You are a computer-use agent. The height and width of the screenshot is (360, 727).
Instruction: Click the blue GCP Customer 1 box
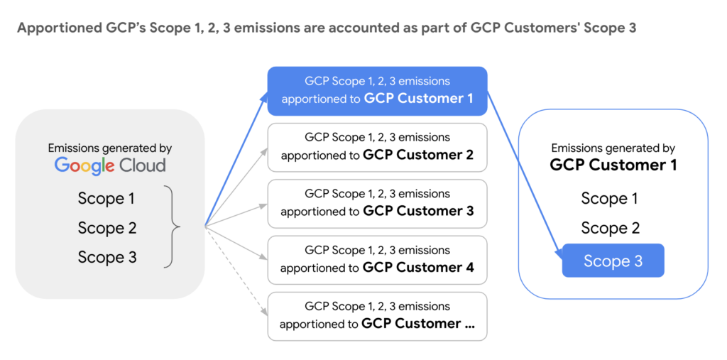tap(377, 90)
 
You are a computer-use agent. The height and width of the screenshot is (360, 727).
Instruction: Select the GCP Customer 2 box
tap(377, 147)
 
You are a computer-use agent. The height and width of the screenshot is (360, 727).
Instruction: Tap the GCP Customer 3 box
tap(377, 203)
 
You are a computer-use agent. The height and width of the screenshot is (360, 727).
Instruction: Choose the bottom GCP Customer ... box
tap(377, 316)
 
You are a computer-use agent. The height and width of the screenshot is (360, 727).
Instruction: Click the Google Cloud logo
tap(110, 166)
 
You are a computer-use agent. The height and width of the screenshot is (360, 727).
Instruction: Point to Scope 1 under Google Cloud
tap(106, 199)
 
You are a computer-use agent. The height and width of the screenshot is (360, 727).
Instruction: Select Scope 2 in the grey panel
tap(106, 228)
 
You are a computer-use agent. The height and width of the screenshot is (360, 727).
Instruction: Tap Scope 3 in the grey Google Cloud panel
tap(106, 257)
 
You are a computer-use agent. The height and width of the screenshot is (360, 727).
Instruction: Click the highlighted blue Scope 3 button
tap(613, 261)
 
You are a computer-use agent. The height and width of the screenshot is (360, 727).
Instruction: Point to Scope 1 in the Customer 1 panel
tap(610, 199)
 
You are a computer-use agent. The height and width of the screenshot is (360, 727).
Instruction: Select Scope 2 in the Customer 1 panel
tap(610, 228)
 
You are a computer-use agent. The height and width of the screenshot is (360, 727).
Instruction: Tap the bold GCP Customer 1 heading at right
tap(613, 165)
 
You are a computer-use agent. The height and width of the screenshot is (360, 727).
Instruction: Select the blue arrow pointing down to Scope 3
tap(524, 178)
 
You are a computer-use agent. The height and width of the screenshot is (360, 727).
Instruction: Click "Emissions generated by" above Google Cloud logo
tap(110, 148)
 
